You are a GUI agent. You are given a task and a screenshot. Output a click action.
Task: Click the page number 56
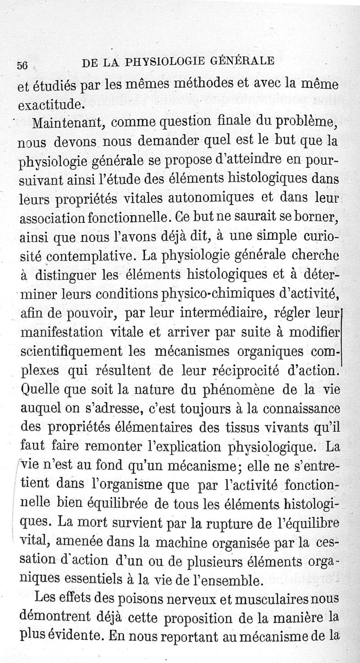[23, 65]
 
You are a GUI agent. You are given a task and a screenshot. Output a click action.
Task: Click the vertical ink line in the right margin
[343, 335]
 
